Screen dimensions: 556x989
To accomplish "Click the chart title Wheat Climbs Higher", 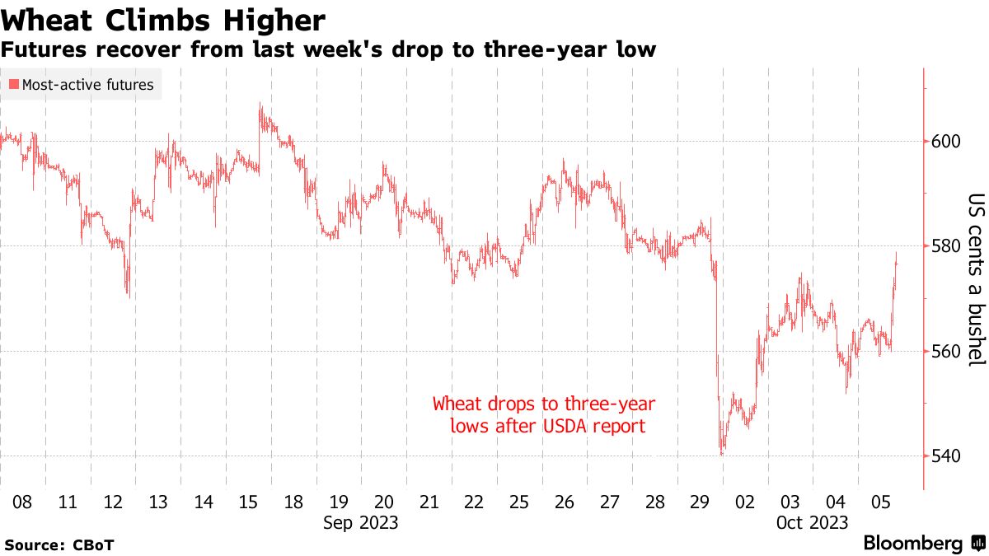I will (163, 19).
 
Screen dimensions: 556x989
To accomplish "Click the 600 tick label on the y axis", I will (946, 142).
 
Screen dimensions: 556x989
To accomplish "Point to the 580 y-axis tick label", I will (946, 246).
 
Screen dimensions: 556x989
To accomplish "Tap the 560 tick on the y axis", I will (946, 352).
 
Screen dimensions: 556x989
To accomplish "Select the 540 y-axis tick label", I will (946, 456).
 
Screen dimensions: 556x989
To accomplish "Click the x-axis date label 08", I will (22, 502).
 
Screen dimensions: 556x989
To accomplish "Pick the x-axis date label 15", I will (248, 502).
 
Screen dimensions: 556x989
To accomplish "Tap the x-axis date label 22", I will (474, 502).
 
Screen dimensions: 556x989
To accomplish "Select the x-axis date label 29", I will (700, 502).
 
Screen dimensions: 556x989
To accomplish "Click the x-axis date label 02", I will (745, 502).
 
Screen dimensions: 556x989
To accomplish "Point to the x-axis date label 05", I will (880, 502).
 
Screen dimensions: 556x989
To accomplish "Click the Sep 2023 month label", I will (361, 523).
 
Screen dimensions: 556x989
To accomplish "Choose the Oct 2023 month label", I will (813, 523).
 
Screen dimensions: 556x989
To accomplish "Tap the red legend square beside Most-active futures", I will (13, 85).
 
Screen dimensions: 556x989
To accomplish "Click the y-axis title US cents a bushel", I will (976, 280).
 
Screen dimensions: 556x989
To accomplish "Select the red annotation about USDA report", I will (544, 415).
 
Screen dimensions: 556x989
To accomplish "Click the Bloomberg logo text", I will (913, 544).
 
